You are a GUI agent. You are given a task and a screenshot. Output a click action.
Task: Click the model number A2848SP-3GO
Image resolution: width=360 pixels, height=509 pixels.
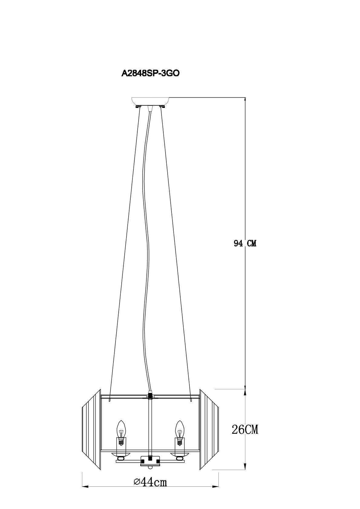pos(151,73)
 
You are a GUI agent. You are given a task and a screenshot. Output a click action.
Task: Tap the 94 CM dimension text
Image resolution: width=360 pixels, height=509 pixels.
pos(245,243)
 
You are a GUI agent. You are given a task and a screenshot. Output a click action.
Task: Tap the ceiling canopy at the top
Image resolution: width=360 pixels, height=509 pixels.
pos(150,102)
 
